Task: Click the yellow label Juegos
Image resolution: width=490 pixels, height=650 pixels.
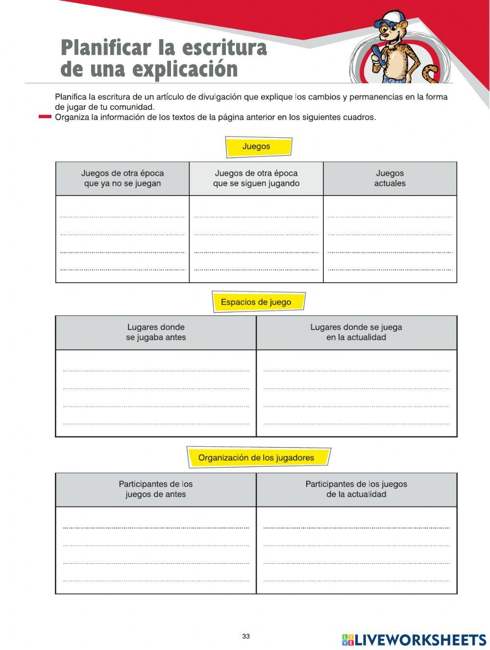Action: (x=258, y=147)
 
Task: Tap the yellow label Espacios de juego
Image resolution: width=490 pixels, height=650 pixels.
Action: (x=258, y=302)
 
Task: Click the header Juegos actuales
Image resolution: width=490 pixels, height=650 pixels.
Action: (x=390, y=178)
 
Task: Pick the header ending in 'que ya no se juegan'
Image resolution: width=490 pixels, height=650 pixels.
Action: (x=122, y=178)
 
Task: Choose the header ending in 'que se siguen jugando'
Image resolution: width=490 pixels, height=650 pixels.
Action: (x=256, y=178)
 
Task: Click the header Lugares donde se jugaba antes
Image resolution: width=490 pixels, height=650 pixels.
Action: (x=156, y=332)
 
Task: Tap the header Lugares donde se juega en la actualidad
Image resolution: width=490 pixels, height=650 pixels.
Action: (x=356, y=332)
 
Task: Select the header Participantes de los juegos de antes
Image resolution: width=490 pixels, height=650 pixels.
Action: (x=156, y=489)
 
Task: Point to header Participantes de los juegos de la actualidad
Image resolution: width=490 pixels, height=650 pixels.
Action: (x=356, y=489)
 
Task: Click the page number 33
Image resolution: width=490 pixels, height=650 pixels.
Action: (x=245, y=636)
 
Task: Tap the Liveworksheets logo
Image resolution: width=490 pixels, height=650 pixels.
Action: (x=414, y=640)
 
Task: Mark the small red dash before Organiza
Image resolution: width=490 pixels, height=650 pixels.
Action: (x=45, y=117)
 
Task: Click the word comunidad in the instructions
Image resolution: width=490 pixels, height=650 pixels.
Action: (x=132, y=107)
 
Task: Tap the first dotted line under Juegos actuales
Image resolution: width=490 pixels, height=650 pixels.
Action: (x=390, y=217)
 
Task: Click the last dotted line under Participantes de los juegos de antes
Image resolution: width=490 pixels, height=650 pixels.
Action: (x=156, y=581)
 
